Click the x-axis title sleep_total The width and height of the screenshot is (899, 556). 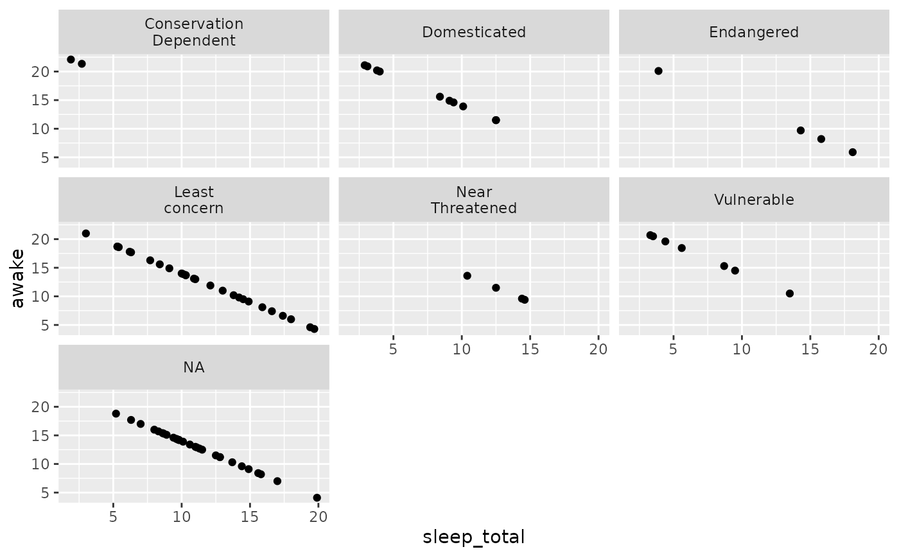click(474, 537)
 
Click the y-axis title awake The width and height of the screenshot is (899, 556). click(18, 279)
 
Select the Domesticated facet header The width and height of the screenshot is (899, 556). click(474, 32)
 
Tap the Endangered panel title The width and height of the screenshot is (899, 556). click(754, 32)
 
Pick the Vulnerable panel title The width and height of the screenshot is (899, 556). click(754, 200)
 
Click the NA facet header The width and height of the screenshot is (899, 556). click(194, 367)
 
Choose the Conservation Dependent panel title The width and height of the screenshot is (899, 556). click(194, 32)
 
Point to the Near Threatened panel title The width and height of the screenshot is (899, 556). click(474, 200)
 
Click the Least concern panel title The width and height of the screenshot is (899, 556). click(194, 200)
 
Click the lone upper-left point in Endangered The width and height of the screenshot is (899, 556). click(658, 71)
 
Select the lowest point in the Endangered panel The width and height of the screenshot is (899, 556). click(853, 152)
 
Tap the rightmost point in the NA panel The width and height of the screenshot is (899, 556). click(317, 498)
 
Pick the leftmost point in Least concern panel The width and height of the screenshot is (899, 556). click(85, 234)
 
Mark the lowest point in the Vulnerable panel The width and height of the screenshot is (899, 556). click(789, 293)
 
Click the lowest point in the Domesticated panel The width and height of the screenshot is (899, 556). click(496, 120)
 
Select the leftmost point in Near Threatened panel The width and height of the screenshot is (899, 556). click(467, 275)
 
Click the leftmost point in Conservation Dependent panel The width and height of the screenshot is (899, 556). click(71, 59)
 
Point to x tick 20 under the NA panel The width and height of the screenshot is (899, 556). click(319, 517)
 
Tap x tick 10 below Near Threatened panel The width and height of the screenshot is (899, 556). click(462, 349)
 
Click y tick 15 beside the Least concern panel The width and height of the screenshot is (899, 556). click(40, 268)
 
